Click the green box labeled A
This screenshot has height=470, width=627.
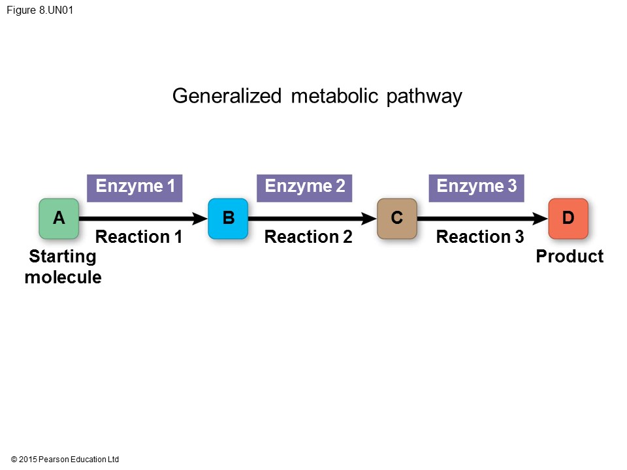(x=59, y=219)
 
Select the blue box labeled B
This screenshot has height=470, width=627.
(x=228, y=219)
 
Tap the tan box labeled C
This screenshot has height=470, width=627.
(x=397, y=219)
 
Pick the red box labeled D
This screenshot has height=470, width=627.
(x=568, y=219)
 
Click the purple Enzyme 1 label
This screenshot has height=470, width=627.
(x=135, y=187)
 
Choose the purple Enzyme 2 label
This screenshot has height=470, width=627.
(x=304, y=187)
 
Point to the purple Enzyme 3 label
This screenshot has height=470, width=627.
(x=476, y=187)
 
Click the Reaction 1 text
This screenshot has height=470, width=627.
(x=138, y=237)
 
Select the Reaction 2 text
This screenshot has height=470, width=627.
(x=308, y=237)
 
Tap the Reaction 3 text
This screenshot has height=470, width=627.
(x=479, y=237)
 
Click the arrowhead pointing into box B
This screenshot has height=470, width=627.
(x=199, y=219)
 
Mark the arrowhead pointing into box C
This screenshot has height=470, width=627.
(x=369, y=219)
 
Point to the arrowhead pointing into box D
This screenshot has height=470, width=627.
(x=539, y=219)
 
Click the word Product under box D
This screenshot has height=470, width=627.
(x=570, y=257)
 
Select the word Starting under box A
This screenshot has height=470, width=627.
(x=63, y=257)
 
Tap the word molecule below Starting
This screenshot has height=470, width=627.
(x=63, y=277)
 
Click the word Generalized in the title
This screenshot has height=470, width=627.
(x=227, y=97)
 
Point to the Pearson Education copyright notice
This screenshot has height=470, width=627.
(x=65, y=460)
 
